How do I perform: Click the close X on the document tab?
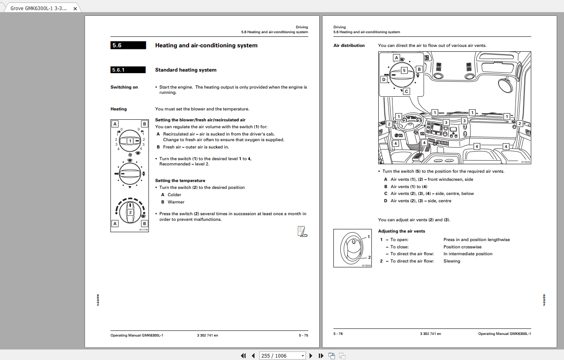pos(75,8)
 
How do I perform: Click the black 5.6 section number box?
pos(128,45)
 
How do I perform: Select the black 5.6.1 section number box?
pos(128,70)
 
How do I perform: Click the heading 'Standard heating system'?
pos(186,70)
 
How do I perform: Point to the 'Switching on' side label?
pos(124,87)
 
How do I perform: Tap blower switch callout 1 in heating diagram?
pos(130,141)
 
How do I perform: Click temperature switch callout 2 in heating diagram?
pos(130,212)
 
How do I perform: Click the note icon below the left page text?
pos(302,231)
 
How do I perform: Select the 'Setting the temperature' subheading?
pos(180,181)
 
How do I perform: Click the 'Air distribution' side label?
pos(349,46)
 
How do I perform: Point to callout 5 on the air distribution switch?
pos(404,70)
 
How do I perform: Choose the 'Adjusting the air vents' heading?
pos(401,231)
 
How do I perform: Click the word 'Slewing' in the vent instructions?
pos(452,261)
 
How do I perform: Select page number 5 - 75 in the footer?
pos(303,335)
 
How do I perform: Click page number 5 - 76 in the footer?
pos(338,334)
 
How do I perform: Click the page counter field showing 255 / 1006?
pos(282,356)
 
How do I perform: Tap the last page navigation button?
pos(321,356)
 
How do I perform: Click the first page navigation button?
pos(243,356)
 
